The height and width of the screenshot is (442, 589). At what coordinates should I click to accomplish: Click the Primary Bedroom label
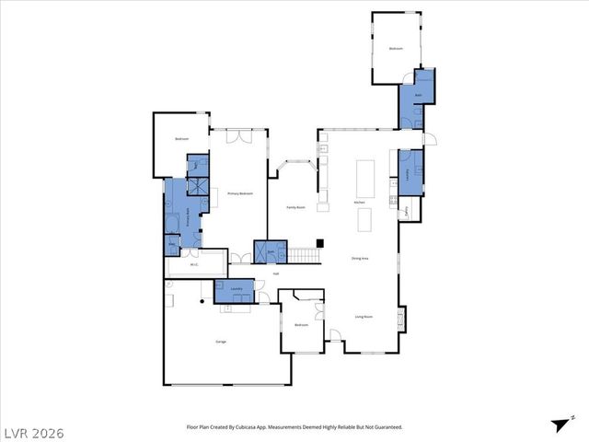240,193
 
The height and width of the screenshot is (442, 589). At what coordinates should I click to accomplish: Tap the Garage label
221,342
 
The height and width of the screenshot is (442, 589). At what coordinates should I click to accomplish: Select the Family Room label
294,208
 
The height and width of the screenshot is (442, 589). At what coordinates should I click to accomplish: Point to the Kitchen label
361,203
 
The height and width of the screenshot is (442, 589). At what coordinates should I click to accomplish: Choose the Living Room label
364,317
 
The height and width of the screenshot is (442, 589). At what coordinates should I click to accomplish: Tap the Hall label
276,273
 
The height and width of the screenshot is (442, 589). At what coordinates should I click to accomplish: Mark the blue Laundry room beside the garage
235,290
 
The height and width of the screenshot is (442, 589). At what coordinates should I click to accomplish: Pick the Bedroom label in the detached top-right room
396,48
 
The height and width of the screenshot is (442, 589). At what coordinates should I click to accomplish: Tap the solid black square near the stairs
319,243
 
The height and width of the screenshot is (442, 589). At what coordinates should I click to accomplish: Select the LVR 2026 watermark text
34,430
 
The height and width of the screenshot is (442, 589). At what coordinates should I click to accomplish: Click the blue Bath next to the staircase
271,252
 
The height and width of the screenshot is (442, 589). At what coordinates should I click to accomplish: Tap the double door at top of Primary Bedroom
239,135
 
